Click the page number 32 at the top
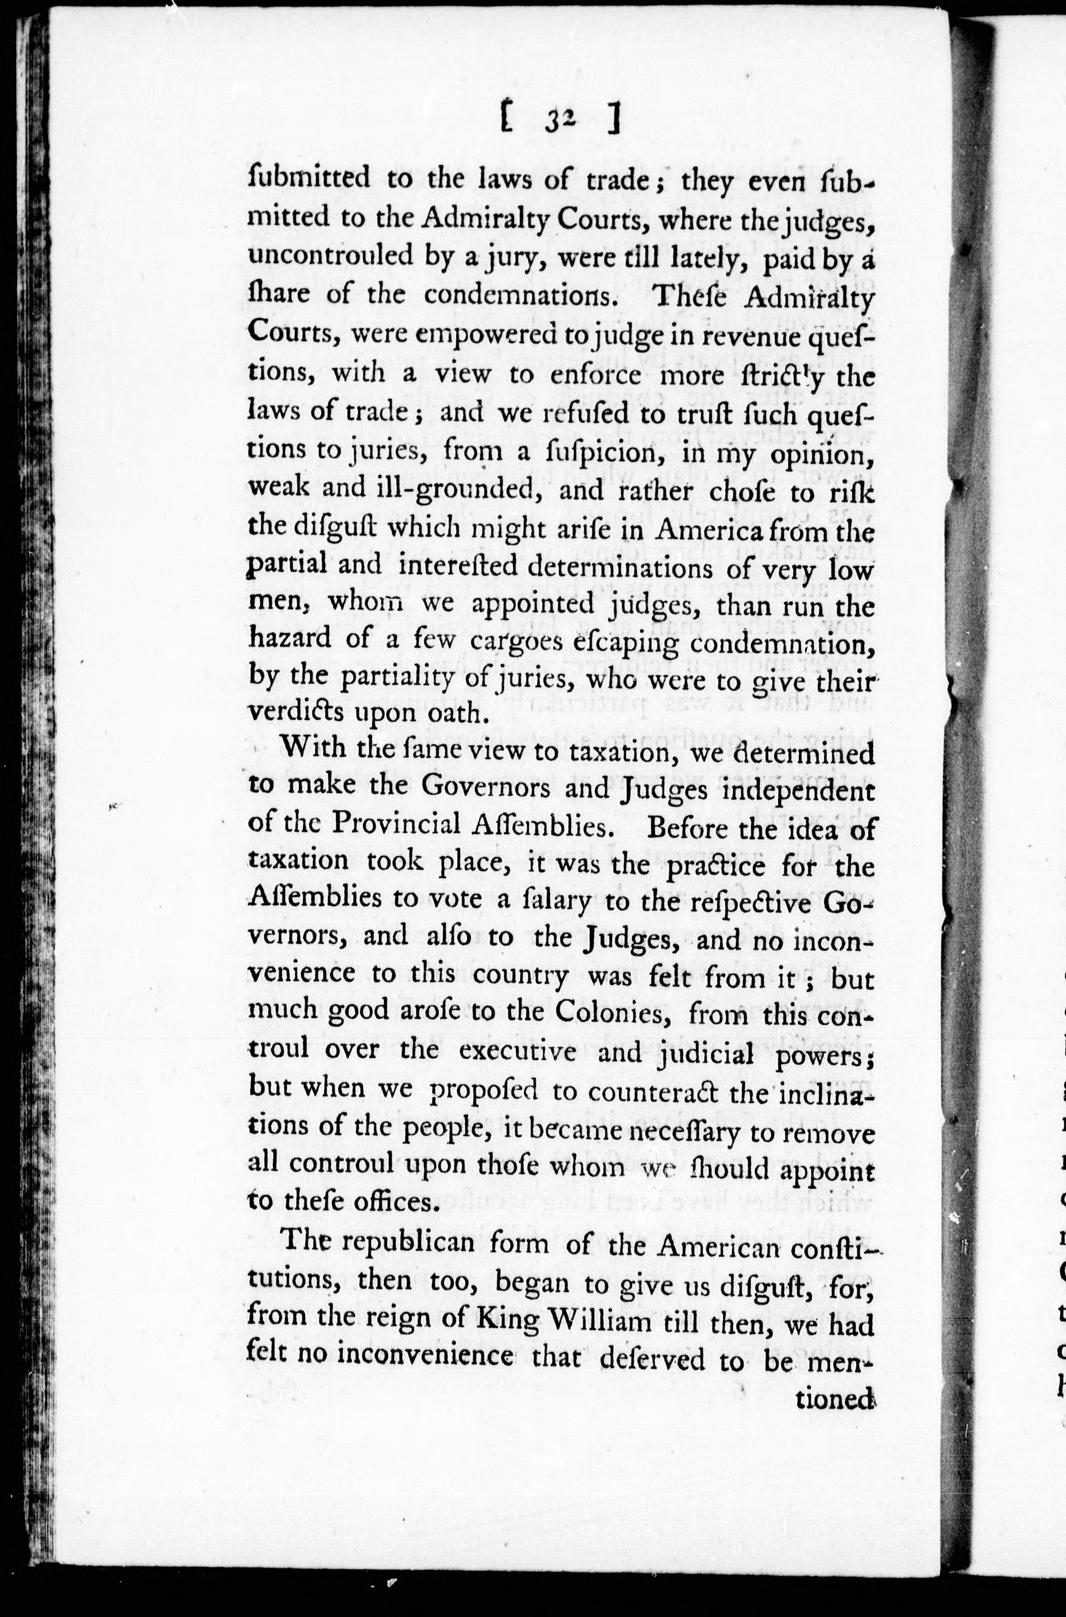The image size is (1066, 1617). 560,121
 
